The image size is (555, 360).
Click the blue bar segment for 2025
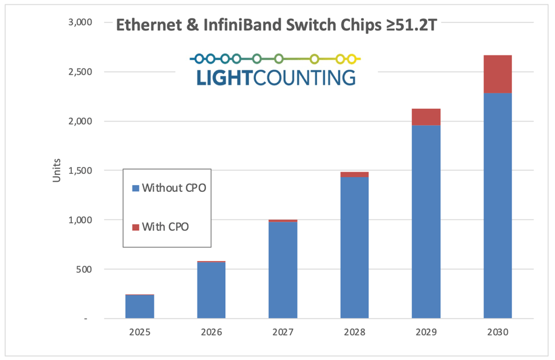click(140, 307)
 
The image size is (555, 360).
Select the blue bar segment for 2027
click(283, 270)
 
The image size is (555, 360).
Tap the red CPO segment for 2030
click(498, 74)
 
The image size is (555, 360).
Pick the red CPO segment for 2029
click(426, 117)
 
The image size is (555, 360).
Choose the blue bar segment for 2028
click(355, 248)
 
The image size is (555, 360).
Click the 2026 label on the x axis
click(211, 333)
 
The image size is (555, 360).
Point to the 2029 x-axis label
click(426, 333)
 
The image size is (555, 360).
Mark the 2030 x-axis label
click(498, 333)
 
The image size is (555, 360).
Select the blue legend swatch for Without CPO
click(135, 187)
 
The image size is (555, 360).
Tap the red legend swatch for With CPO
click(135, 227)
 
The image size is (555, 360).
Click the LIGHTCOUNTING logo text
click(276, 78)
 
